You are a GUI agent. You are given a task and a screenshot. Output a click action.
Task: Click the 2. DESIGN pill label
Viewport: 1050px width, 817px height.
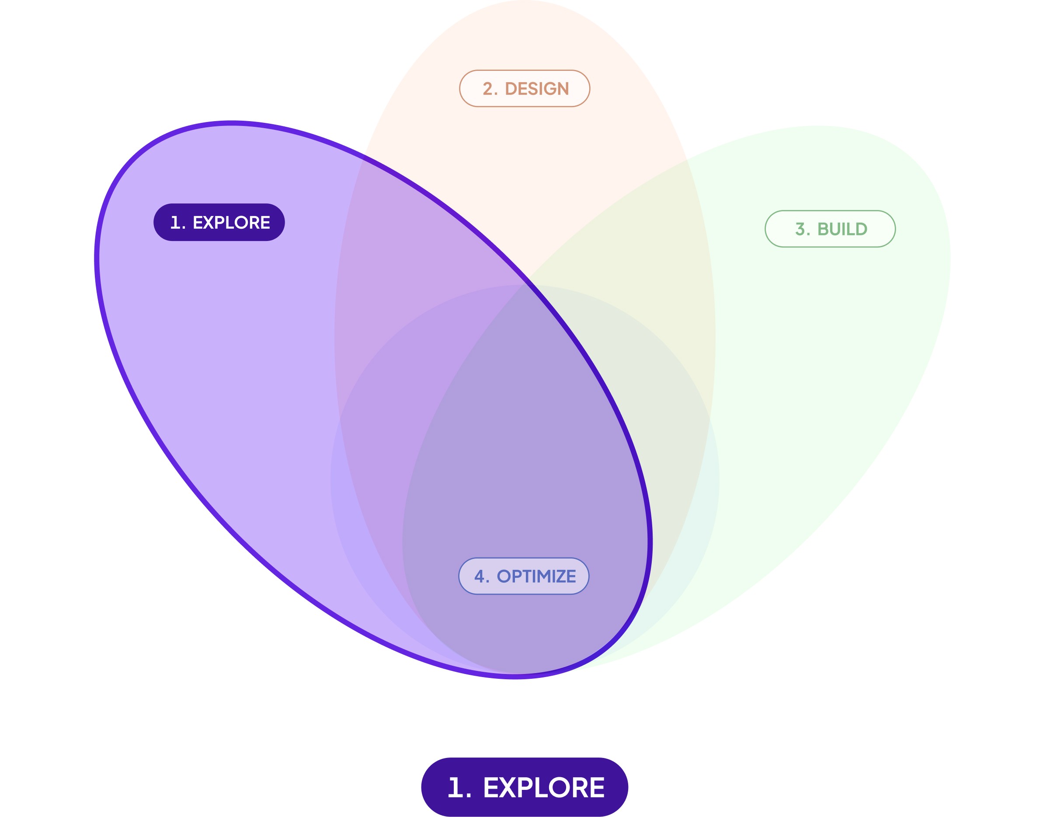(525, 88)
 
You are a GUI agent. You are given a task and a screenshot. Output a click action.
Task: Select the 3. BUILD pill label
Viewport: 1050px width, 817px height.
(830, 229)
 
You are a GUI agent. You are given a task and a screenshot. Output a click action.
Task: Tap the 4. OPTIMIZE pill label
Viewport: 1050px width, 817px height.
(524, 576)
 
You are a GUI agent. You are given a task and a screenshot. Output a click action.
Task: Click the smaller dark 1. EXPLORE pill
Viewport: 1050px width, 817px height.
(219, 222)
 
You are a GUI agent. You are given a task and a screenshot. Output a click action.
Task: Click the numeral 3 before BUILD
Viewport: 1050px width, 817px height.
(800, 229)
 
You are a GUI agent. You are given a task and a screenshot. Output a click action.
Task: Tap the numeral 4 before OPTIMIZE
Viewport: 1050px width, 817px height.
(480, 576)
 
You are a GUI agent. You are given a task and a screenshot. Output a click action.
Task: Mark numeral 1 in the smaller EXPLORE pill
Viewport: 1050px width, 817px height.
(175, 223)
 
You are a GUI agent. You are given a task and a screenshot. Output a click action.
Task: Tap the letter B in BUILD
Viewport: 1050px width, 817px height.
(824, 229)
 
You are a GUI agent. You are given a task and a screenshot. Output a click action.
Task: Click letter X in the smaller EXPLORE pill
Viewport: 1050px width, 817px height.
(210, 223)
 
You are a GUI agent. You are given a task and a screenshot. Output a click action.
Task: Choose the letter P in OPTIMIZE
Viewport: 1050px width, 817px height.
(516, 576)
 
